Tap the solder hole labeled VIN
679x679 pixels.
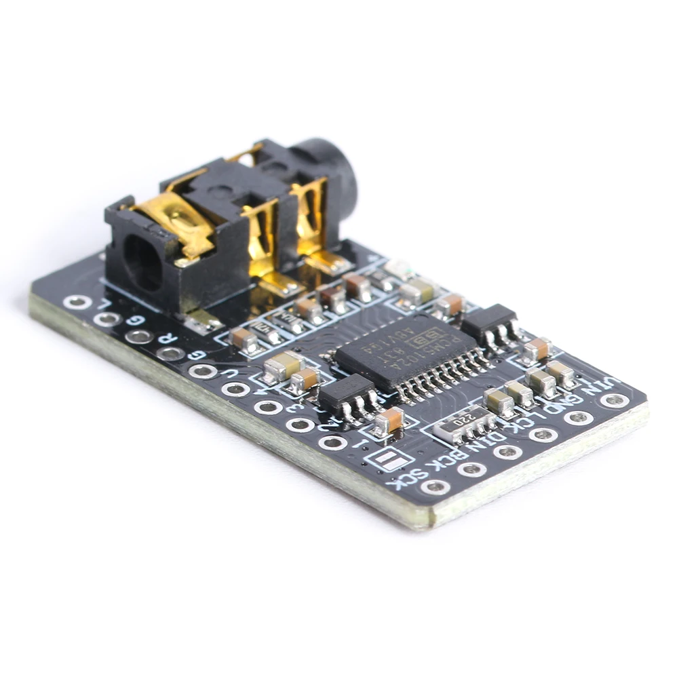pos(614,400)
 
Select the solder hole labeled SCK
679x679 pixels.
pos(435,486)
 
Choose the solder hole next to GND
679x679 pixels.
pos(579,416)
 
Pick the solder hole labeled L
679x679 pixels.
pos(77,302)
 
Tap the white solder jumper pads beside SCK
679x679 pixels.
pos(389,459)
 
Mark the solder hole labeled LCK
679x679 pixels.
pos(543,434)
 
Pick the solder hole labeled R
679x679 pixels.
pos(170,353)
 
